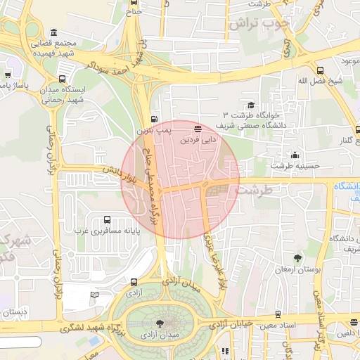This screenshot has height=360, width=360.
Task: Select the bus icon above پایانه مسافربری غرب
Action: (x=107, y=219)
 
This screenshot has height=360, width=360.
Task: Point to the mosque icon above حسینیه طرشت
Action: (x=295, y=155)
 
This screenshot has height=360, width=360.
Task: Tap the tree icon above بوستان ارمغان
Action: (x=298, y=258)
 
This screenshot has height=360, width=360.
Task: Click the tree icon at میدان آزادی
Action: (x=160, y=323)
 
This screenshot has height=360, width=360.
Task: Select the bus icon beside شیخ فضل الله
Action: (x=320, y=70)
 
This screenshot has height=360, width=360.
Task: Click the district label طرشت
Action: (x=253, y=190)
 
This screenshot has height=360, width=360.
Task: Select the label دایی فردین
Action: (x=199, y=139)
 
